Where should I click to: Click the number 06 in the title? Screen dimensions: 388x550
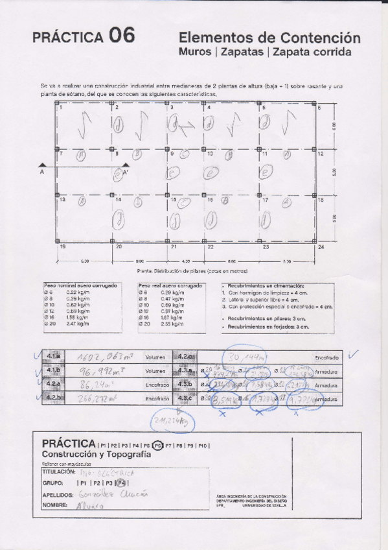pos(122,36)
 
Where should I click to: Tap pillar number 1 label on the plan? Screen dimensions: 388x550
pos(61,108)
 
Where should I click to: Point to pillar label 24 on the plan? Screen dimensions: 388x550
pos(320,247)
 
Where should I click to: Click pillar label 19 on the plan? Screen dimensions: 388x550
pos(63,247)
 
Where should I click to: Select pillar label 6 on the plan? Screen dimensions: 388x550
pos(319,108)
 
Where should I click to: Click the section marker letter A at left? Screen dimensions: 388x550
pos(42,173)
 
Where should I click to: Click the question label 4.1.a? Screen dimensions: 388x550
pos(53,357)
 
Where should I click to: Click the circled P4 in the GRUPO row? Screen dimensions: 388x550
pos(122,483)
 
